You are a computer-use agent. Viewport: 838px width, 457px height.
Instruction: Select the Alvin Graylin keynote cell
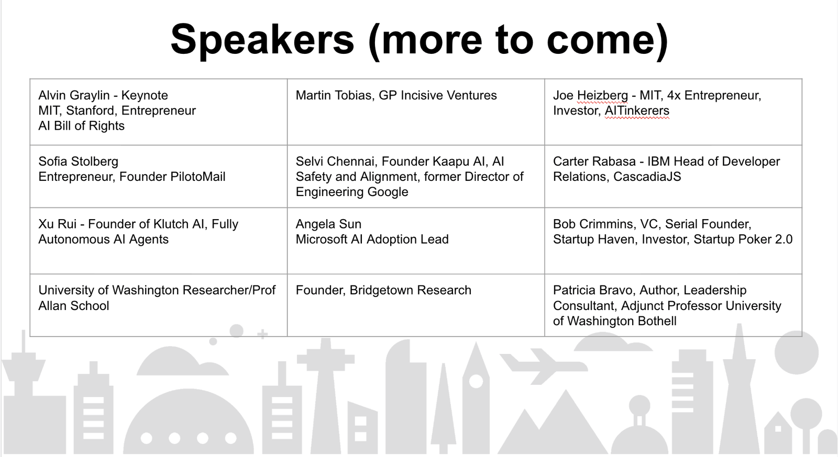[159, 112]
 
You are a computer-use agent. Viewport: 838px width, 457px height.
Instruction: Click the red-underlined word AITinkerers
[637, 111]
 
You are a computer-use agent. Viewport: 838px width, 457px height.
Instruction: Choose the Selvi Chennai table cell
[416, 176]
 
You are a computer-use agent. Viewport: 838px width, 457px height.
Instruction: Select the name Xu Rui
[57, 224]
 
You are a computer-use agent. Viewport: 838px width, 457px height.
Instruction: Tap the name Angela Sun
[328, 224]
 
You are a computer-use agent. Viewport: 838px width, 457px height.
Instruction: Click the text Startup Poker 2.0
[743, 239]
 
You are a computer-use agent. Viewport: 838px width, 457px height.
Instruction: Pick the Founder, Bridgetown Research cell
[416, 305]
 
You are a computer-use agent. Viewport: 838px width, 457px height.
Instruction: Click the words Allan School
[74, 306]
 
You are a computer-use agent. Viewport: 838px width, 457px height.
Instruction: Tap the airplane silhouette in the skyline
[543, 366]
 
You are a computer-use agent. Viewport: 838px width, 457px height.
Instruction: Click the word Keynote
[145, 96]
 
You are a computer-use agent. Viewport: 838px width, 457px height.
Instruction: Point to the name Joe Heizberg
[591, 96]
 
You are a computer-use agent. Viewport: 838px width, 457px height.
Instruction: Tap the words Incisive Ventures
[449, 95]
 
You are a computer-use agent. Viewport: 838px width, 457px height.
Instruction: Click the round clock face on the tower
[476, 381]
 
